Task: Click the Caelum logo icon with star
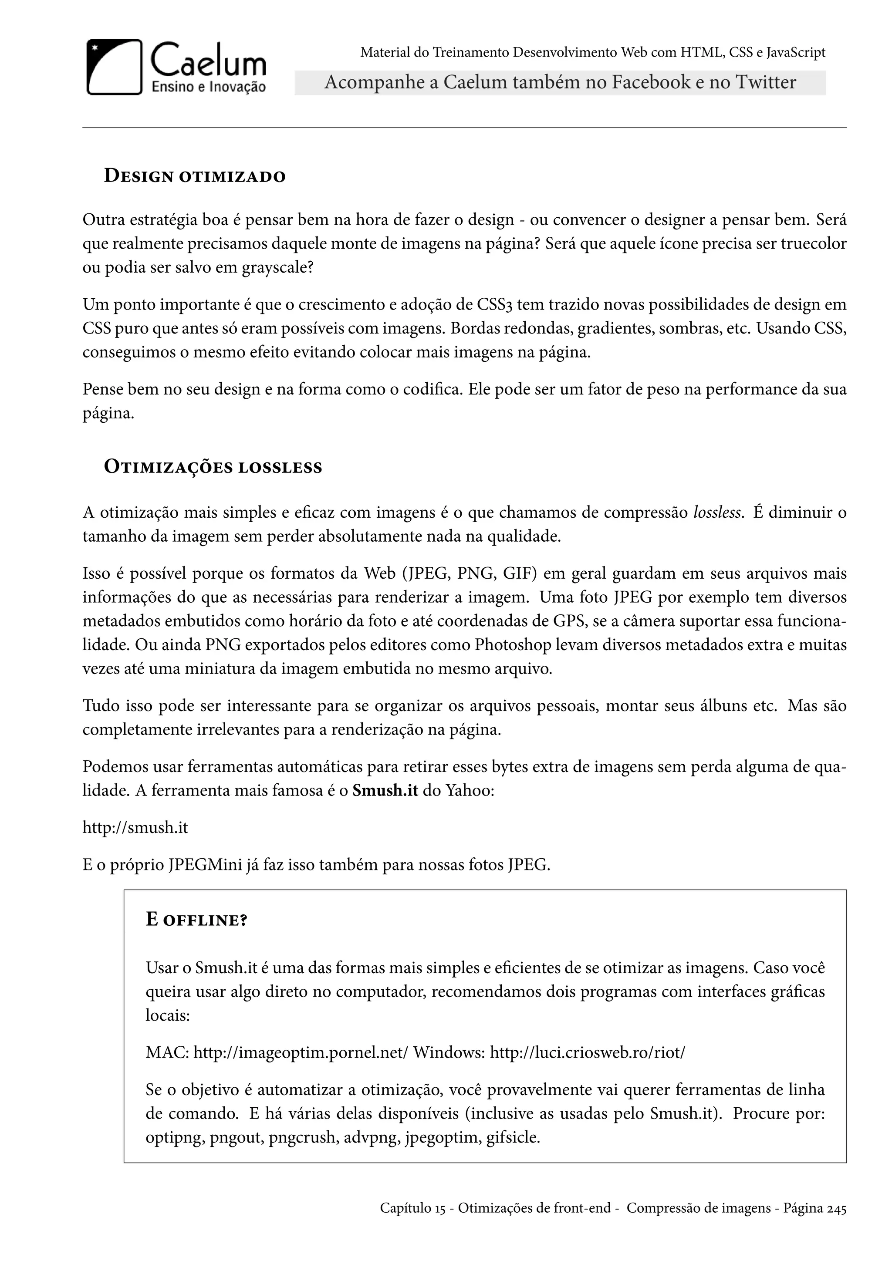click(114, 67)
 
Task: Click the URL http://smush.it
click(135, 827)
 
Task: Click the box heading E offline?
click(196, 919)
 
